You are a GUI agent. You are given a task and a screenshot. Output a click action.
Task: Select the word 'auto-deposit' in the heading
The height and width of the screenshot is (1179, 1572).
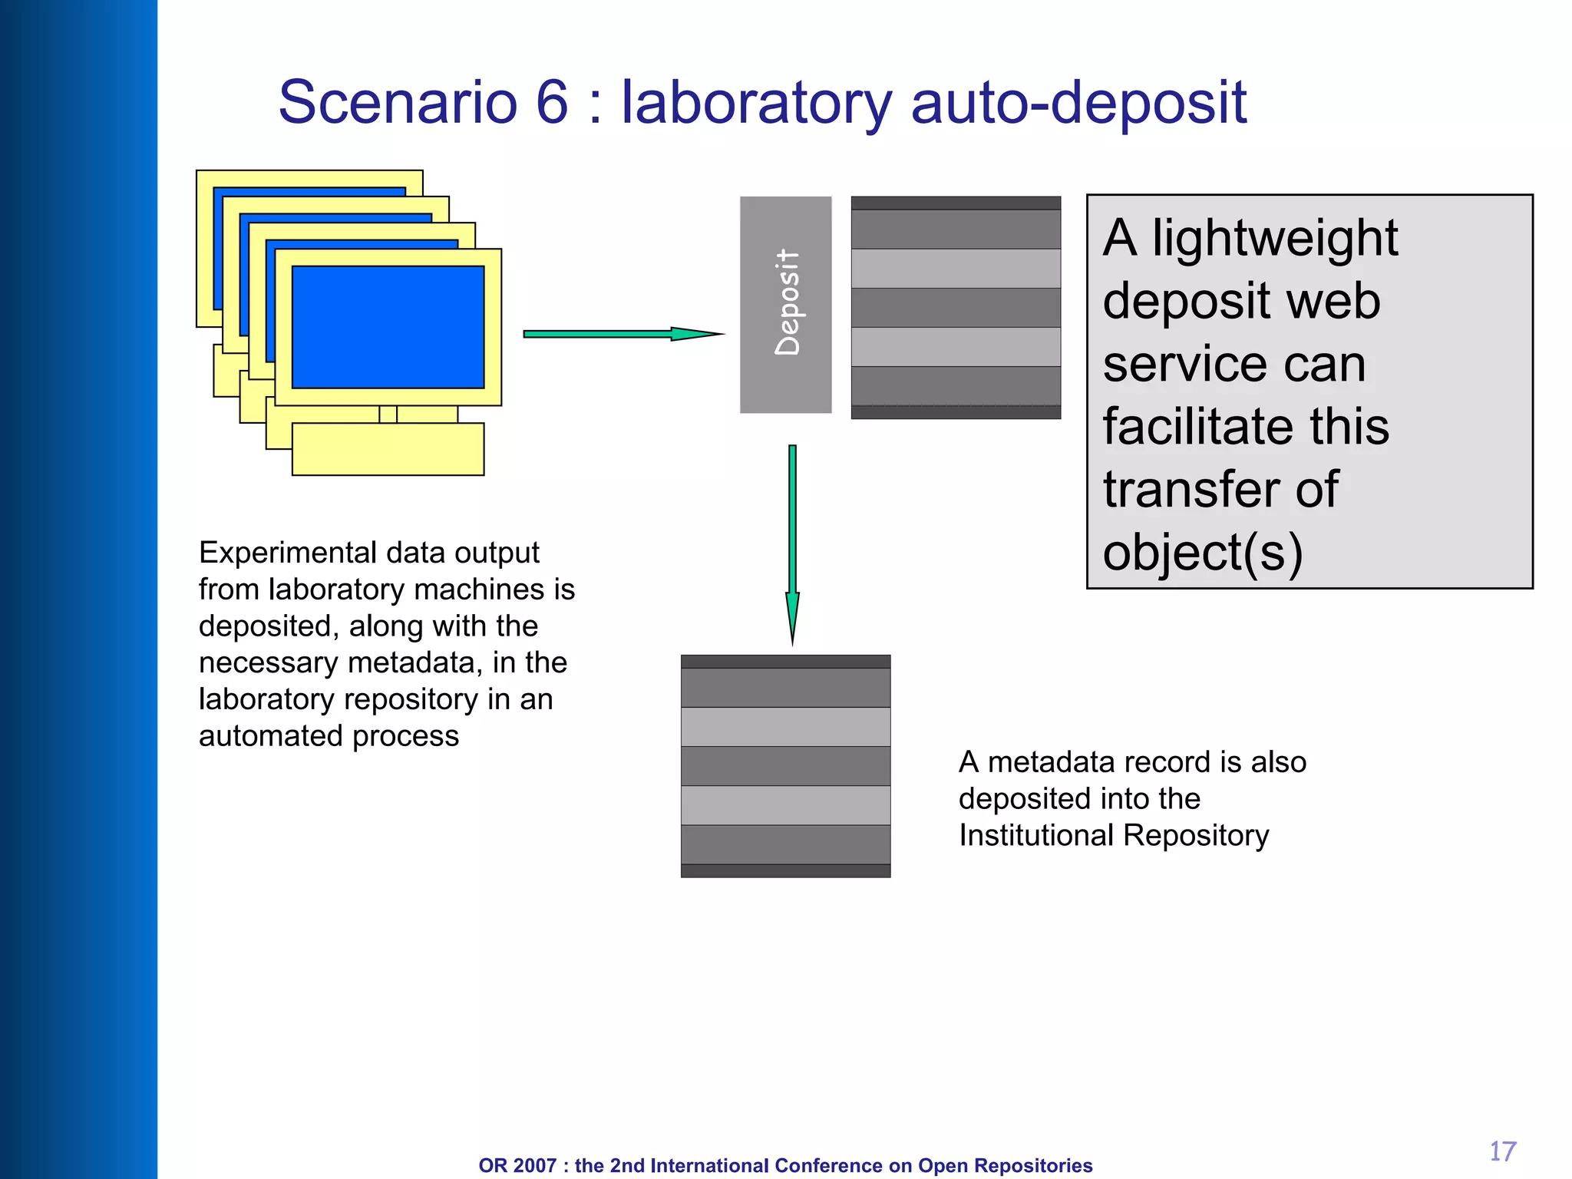[x=1078, y=104]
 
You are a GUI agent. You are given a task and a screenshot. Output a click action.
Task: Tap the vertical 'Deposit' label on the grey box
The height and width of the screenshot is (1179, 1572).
[x=788, y=302]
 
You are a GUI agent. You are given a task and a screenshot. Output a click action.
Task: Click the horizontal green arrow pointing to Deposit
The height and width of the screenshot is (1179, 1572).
[x=622, y=334]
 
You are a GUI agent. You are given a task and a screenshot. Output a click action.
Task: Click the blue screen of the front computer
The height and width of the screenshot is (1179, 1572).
[x=388, y=327]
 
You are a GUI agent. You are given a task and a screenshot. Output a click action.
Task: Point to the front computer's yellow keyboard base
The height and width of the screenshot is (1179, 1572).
[x=388, y=449]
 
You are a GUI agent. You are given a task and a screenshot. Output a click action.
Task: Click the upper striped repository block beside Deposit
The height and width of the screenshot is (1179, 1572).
[x=956, y=307]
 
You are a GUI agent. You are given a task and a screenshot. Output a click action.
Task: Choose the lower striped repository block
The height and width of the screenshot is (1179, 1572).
[x=785, y=766]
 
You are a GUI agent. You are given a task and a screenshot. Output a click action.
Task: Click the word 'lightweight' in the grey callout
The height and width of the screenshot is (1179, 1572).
[x=1274, y=239]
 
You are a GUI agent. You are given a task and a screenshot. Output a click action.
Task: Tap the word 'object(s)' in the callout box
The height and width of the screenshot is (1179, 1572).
[x=1202, y=553]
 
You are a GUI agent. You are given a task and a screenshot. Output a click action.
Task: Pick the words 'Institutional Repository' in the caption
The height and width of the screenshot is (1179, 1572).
[x=1114, y=836]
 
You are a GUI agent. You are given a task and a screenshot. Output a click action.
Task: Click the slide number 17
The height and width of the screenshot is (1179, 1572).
[x=1502, y=1151]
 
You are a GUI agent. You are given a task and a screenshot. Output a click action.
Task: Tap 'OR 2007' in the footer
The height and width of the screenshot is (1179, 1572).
[x=517, y=1165]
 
